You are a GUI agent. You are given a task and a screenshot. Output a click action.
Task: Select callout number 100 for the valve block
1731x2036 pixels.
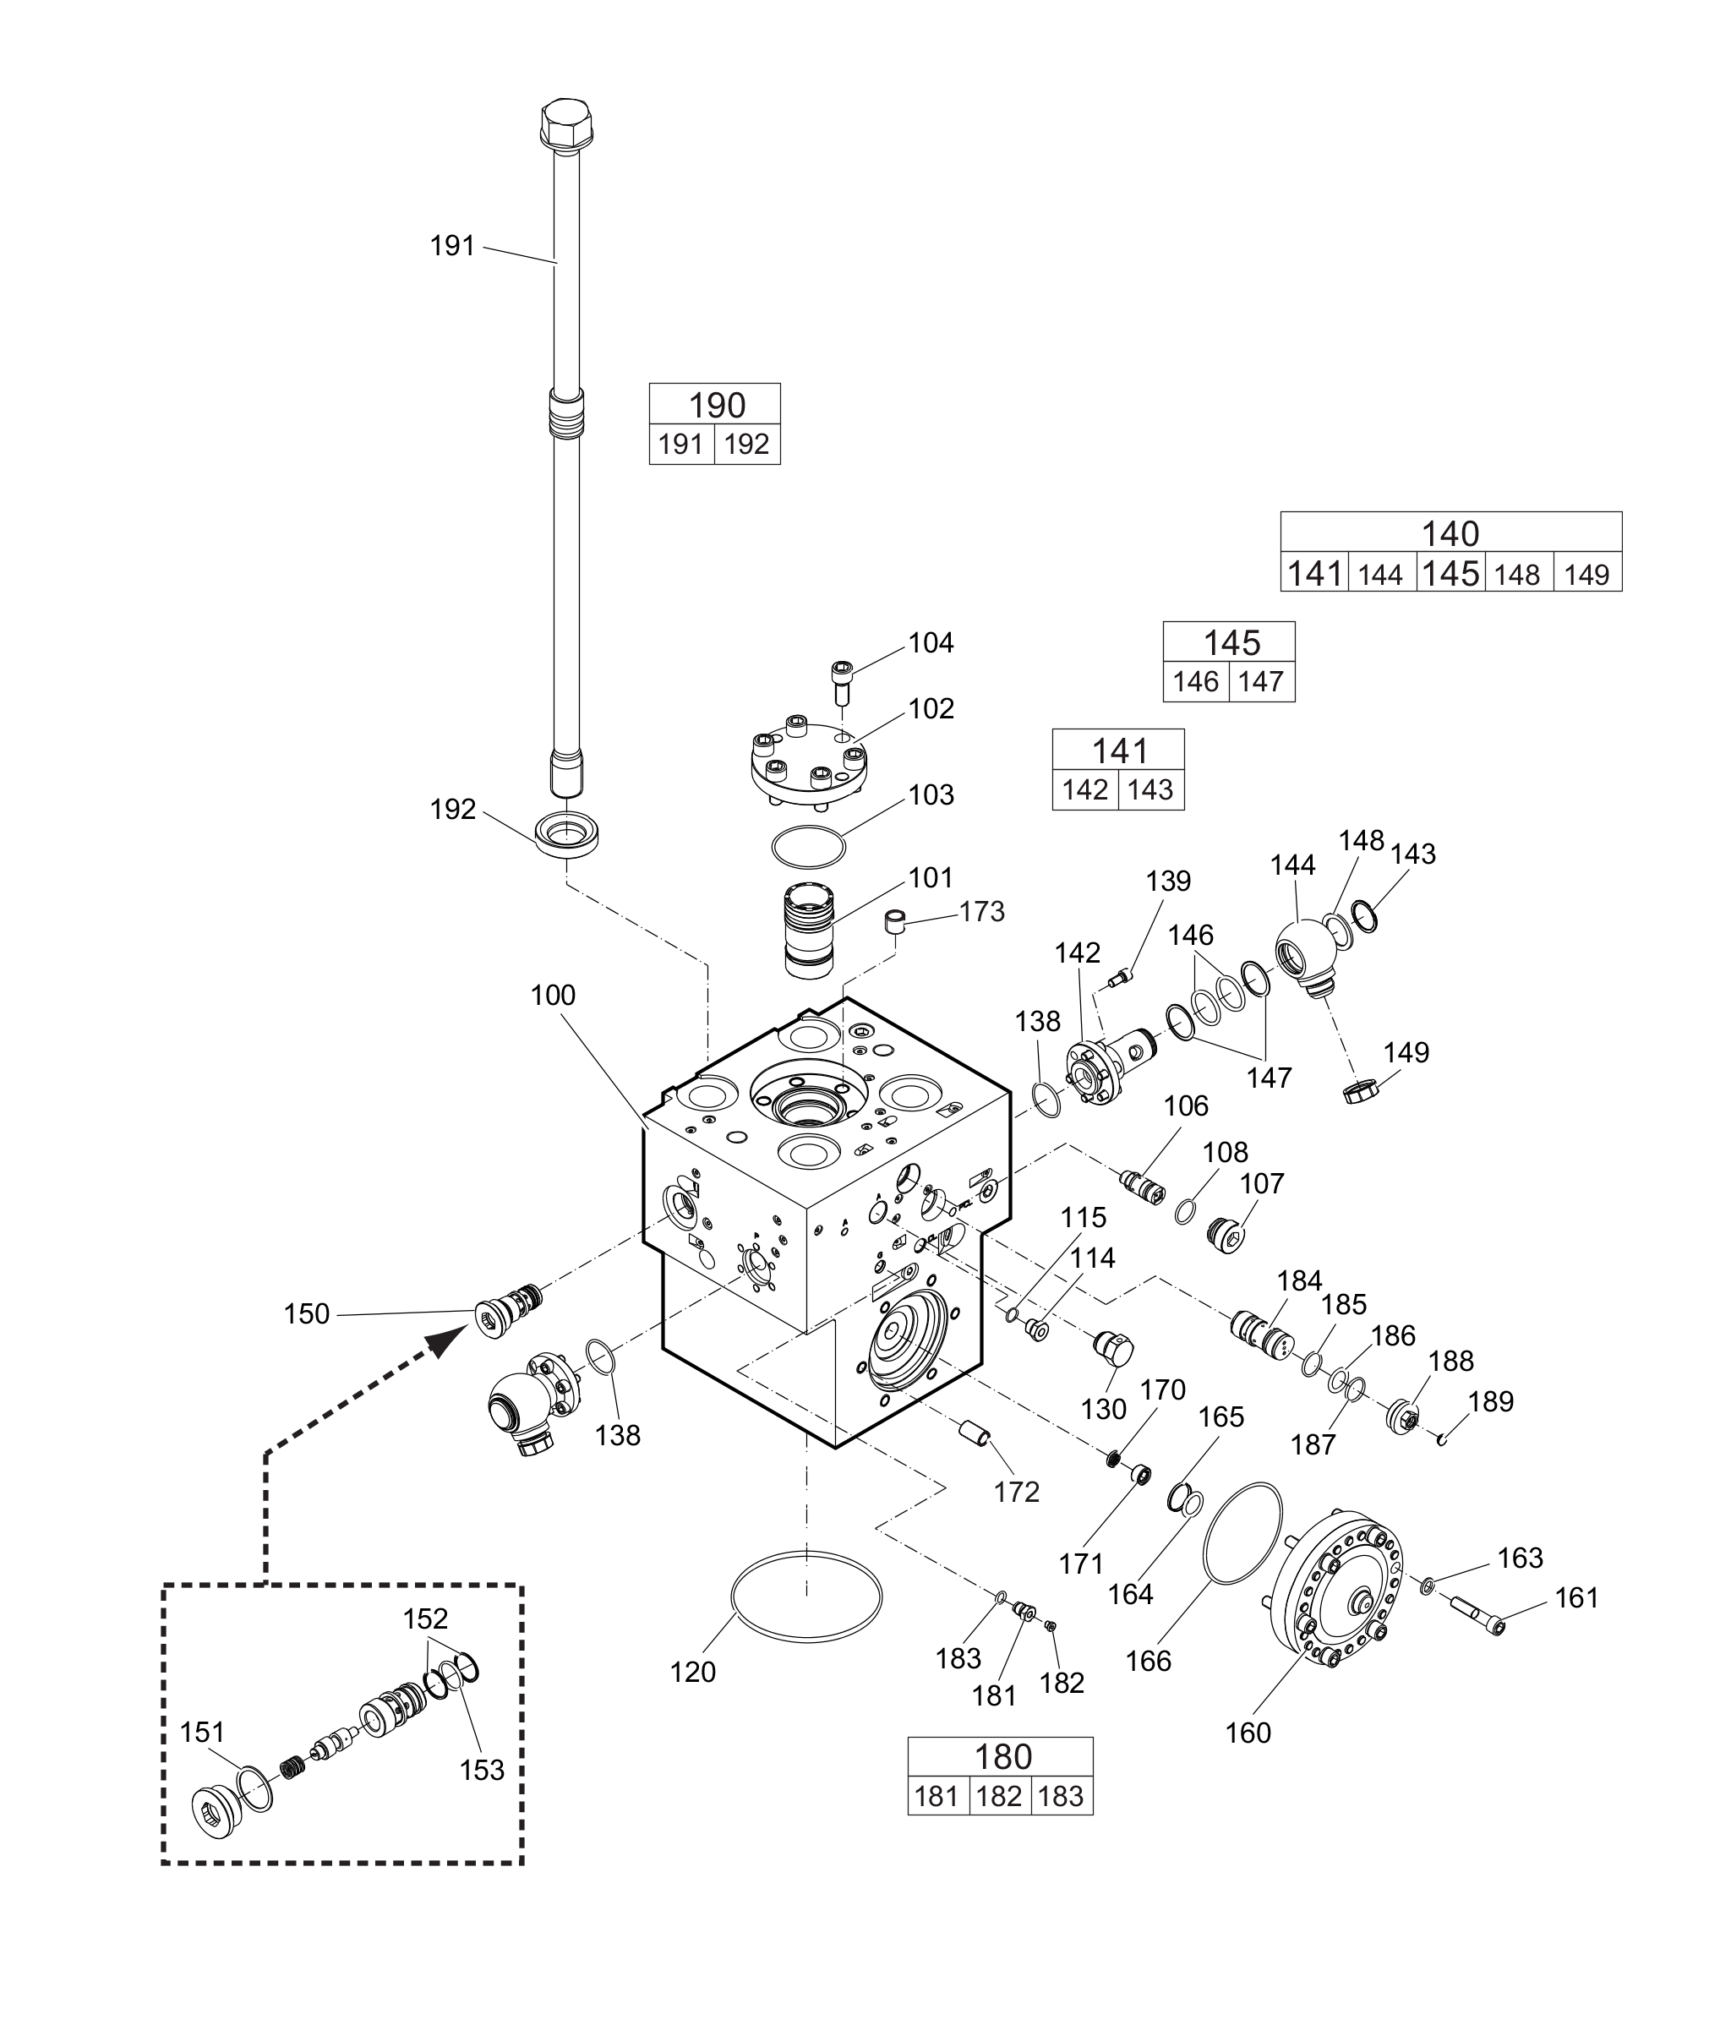click(x=553, y=995)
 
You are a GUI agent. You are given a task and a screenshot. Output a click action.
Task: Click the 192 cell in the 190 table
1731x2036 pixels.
click(x=747, y=445)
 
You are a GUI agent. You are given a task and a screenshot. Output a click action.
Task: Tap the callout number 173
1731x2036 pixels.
click(x=982, y=912)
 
